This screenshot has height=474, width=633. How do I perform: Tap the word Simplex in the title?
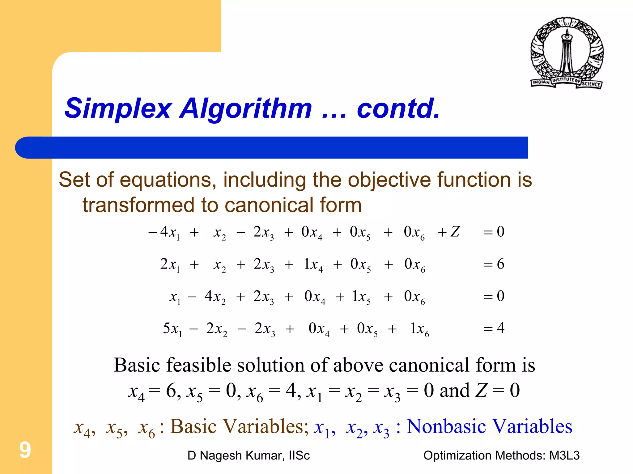118,108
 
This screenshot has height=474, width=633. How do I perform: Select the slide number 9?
25,450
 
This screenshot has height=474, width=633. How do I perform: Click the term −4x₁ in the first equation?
164,232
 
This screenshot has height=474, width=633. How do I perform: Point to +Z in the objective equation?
449,232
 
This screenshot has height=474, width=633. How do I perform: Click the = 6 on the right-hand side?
494,264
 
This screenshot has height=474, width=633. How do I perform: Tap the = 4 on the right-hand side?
494,328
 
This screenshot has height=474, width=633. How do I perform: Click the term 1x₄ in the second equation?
313,265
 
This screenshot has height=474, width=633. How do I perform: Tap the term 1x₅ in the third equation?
361,297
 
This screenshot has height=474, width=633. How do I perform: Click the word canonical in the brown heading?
265,205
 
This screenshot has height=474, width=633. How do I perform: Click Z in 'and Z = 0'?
481,390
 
